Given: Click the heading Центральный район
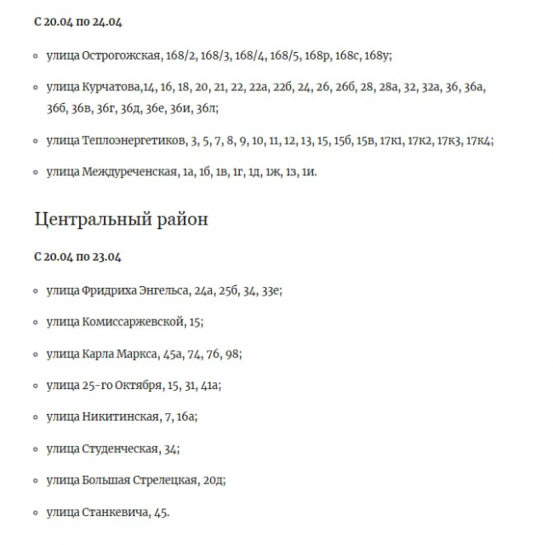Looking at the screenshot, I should (121, 219).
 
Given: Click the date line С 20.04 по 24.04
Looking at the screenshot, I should (77, 21).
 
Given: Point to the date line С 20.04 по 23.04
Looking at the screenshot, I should (77, 256).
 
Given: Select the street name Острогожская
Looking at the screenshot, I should (122, 55).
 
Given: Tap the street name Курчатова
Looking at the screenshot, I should (112, 87).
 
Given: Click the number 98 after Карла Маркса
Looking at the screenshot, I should (234, 353).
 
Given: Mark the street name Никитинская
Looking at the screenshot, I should (121, 417).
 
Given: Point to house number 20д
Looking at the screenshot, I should (214, 480).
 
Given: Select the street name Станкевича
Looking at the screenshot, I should (115, 512).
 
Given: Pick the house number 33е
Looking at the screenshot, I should (270, 290).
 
